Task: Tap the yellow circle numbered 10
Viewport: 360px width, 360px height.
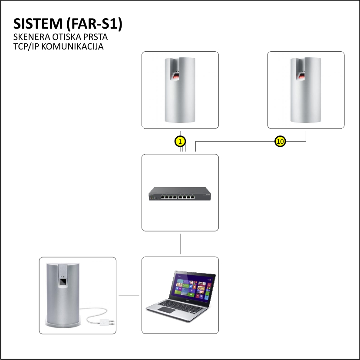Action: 280,141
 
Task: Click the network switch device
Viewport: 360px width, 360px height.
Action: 180,194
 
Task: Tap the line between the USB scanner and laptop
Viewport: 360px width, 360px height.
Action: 129,295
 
